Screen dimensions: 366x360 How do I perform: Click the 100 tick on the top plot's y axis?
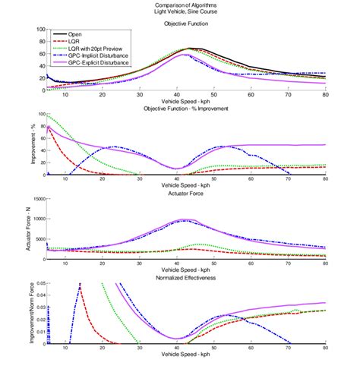pos(38,30)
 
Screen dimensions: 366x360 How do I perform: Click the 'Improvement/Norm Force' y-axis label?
pos(21,316)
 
